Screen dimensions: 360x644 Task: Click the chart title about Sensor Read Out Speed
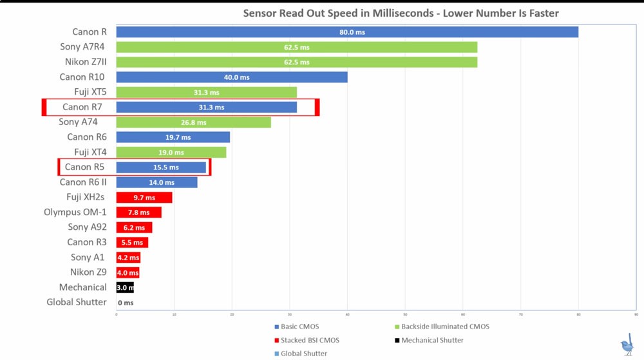click(x=401, y=13)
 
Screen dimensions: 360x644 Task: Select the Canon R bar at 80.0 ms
click(x=347, y=32)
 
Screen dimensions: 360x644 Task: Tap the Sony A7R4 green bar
click(x=297, y=47)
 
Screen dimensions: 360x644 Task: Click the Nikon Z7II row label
click(x=86, y=62)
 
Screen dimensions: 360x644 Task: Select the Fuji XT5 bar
click(x=207, y=92)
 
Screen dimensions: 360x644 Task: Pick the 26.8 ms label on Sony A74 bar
click(x=194, y=122)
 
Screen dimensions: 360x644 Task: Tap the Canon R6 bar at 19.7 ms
click(x=173, y=137)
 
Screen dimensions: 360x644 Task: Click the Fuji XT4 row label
click(x=90, y=152)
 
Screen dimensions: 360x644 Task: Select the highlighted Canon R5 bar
click(x=161, y=167)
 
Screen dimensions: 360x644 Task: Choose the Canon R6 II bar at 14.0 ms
click(x=157, y=182)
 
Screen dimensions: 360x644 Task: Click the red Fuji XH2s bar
click(x=144, y=198)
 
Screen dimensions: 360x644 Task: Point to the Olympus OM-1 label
click(x=75, y=212)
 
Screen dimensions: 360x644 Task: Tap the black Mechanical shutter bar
click(x=125, y=287)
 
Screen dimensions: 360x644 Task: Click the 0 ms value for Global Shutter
click(x=126, y=303)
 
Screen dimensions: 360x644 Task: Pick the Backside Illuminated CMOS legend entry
click(x=444, y=327)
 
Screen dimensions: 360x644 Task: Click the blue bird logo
click(x=627, y=345)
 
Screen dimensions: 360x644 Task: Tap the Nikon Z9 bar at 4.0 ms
click(x=128, y=272)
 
